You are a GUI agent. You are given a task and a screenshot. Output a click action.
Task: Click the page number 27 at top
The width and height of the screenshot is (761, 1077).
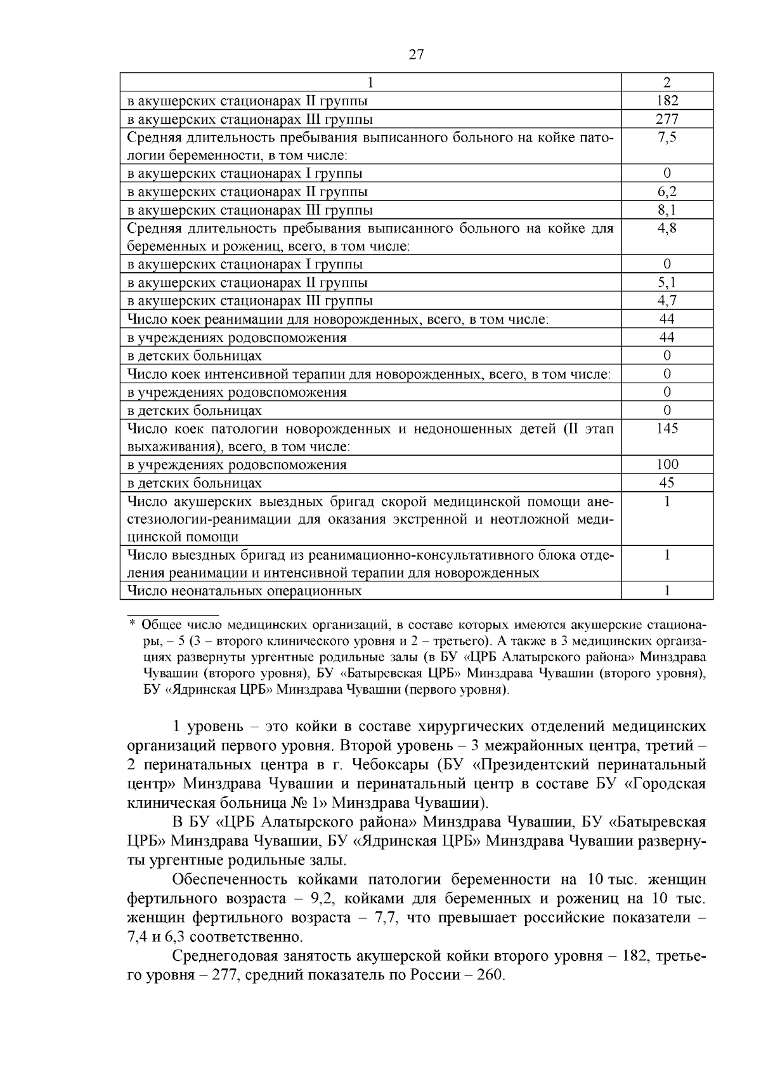click(416, 55)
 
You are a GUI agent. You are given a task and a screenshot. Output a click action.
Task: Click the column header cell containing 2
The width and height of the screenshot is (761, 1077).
click(667, 83)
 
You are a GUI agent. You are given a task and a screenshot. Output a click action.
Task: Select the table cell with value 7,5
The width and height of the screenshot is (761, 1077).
click(667, 138)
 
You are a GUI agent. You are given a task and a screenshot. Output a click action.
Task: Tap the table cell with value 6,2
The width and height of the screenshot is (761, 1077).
click(667, 192)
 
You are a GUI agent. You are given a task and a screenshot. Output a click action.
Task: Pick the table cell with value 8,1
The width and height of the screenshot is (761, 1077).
click(667, 210)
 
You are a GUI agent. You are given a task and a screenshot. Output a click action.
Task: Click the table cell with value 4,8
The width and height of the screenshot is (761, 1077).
click(667, 228)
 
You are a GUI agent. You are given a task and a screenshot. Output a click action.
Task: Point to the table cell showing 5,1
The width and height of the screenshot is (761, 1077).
click(667, 282)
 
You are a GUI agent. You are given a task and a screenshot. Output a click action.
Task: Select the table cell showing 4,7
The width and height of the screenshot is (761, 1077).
click(667, 301)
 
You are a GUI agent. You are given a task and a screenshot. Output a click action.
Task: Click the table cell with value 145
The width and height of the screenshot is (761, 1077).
click(667, 428)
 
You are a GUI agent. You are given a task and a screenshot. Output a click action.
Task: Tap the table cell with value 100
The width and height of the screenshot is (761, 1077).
click(667, 465)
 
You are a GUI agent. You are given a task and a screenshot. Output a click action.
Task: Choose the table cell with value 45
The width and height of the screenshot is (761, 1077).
click(667, 483)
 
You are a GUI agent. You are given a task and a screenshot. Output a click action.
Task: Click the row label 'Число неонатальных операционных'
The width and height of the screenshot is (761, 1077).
click(244, 591)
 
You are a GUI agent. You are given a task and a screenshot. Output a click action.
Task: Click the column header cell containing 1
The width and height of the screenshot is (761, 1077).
click(370, 83)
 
